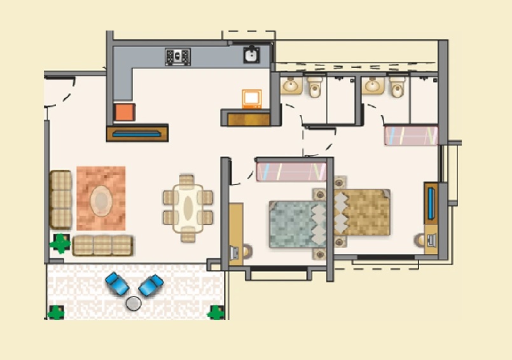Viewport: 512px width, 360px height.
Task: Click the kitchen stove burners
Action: click(177, 57)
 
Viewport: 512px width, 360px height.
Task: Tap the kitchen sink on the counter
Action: click(251, 55)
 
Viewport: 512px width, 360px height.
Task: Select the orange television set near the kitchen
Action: click(252, 99)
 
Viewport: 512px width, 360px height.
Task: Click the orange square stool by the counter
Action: click(125, 112)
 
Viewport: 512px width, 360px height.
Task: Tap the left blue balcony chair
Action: click(117, 284)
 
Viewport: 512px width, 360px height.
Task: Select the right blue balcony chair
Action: click(151, 285)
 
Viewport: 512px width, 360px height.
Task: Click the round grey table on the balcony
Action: click(134, 303)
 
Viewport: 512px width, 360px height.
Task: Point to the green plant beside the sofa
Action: click(60, 243)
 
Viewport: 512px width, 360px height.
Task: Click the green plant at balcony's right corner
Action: click(216, 312)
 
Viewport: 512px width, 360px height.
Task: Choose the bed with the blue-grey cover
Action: click(296, 223)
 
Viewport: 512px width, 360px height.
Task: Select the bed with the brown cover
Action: click(361, 212)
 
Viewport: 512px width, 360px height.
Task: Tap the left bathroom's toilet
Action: click(315, 87)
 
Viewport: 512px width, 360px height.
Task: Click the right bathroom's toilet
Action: click(398, 87)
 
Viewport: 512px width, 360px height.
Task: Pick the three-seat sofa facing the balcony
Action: click(103, 245)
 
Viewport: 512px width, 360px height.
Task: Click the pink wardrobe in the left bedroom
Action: click(291, 171)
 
